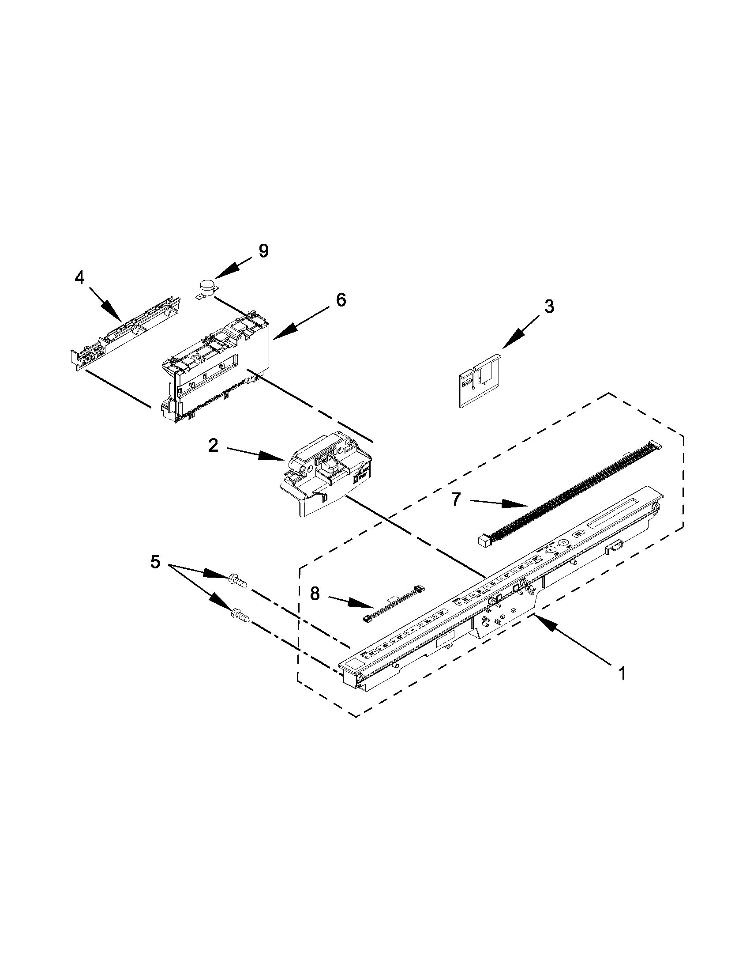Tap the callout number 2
(x=214, y=445)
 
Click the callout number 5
(x=155, y=562)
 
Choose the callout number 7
(x=455, y=499)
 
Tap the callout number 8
(x=315, y=594)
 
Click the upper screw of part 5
(x=237, y=580)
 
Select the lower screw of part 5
(x=239, y=616)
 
